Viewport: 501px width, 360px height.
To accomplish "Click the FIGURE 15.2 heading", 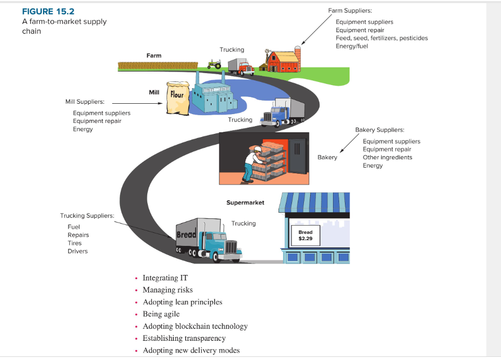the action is click(48, 11).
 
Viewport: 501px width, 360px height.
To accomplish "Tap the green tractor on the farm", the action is click(214, 64).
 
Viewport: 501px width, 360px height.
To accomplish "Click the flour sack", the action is click(178, 98).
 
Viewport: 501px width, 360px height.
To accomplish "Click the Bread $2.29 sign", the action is click(305, 236).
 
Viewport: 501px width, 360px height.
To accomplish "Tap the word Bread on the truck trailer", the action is click(187, 234).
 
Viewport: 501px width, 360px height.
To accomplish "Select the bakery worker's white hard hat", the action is click(258, 149).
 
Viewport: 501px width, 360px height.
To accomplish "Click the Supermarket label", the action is click(245, 202).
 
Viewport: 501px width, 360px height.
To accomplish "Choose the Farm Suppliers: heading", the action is click(350, 10).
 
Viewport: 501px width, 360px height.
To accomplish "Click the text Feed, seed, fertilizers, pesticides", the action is click(382, 38).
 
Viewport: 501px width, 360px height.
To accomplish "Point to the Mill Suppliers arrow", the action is click(137, 103).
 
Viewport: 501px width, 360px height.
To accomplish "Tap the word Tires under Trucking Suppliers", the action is click(75, 243).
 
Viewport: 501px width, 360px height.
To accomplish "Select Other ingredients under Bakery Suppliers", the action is click(387, 157).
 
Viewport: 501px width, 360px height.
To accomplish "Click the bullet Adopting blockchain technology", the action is click(195, 326).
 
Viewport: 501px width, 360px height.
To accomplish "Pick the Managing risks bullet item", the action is click(168, 289).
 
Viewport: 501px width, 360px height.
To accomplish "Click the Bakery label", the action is click(327, 157).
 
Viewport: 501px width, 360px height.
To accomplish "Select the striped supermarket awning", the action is click(314, 202).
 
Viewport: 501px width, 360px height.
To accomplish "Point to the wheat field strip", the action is click(158, 66).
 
